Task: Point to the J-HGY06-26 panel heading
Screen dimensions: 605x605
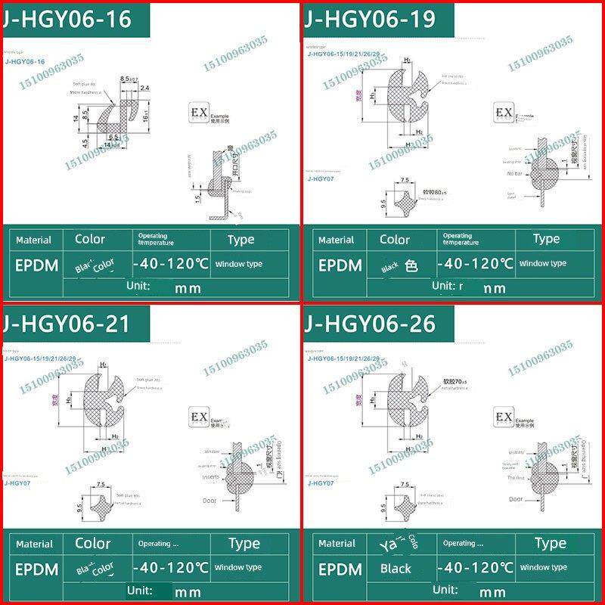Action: (x=371, y=323)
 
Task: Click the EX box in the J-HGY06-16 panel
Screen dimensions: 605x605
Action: (x=198, y=114)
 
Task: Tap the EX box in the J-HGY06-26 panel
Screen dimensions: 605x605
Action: (x=503, y=418)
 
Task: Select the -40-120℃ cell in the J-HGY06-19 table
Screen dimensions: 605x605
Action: (x=476, y=265)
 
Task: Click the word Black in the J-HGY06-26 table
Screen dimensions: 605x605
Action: (x=396, y=569)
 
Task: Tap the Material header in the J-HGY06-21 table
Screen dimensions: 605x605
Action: (x=33, y=544)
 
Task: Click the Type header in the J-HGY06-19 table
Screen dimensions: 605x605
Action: (x=546, y=239)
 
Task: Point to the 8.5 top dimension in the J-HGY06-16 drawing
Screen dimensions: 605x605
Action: (x=126, y=79)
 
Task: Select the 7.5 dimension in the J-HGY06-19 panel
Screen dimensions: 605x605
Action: (x=405, y=181)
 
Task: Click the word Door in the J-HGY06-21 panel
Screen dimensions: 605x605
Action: (x=209, y=501)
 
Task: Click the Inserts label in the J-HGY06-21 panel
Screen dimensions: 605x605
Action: (x=210, y=478)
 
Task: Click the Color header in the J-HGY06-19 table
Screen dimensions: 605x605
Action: (x=394, y=240)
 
